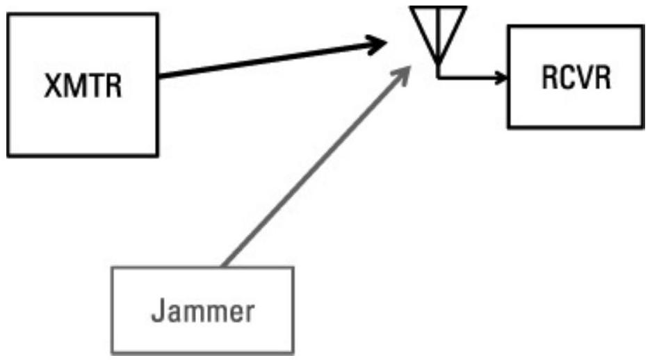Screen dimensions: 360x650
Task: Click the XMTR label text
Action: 83,87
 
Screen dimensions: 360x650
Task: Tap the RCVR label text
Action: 576,77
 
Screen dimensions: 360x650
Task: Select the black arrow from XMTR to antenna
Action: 271,61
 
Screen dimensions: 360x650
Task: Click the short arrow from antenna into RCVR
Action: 473,77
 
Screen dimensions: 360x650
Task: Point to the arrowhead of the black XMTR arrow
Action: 379,45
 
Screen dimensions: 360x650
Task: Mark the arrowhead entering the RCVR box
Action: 502,77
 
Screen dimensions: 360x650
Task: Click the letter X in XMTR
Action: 54,87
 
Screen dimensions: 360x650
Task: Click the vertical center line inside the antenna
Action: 438,38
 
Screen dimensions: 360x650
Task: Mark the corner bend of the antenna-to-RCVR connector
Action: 439,77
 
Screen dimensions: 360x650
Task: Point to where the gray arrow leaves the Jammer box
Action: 222,266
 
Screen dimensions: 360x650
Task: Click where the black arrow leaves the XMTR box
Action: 161,76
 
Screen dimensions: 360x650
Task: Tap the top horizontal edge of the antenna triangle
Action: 438,8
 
